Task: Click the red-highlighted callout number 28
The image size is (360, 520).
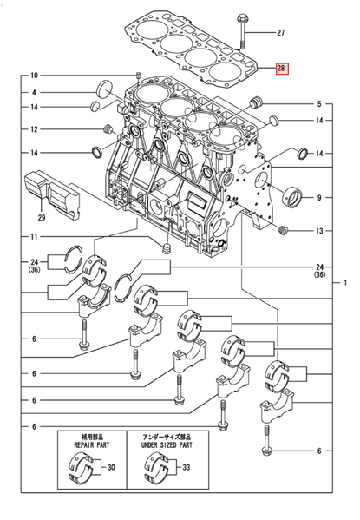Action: (281, 68)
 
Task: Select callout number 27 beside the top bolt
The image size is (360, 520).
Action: (280, 33)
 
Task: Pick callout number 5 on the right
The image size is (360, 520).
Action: (319, 103)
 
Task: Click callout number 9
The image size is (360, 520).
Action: (319, 198)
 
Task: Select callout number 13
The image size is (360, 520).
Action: (319, 231)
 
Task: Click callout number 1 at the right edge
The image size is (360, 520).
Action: (345, 283)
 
